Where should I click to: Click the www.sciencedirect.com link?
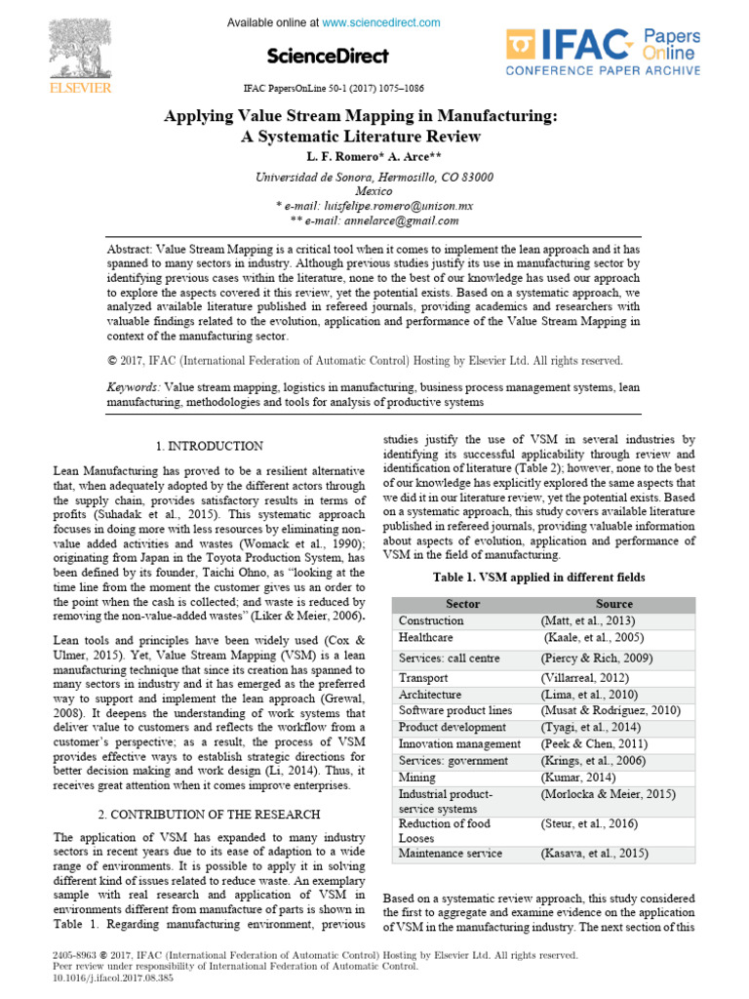[x=381, y=22]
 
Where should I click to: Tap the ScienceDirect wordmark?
[x=326, y=56]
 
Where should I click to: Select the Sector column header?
[x=462, y=604]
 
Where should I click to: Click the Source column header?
[x=614, y=604]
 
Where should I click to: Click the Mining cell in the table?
[x=417, y=778]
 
